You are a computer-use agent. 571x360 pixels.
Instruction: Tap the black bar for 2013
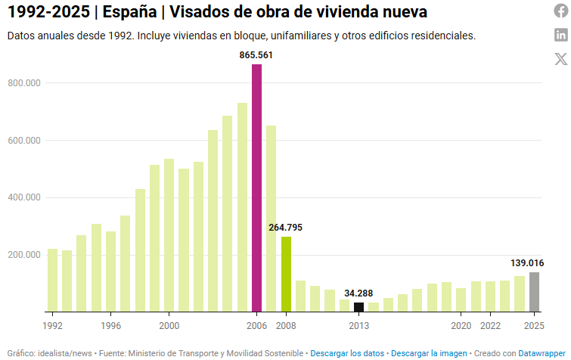(359, 306)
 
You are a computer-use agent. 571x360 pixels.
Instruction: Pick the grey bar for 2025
(534, 292)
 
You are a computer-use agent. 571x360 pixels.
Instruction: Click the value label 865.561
(257, 55)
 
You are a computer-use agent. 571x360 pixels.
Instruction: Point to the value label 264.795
(286, 227)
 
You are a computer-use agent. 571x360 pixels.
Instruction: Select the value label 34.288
(359, 293)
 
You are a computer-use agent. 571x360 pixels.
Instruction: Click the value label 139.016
(526, 262)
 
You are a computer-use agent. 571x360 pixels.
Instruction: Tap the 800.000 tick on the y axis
(23, 83)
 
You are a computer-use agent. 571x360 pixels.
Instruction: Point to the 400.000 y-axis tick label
(23, 197)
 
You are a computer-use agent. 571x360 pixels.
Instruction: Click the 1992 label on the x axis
(52, 325)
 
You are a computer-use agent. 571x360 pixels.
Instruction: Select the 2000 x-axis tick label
(169, 325)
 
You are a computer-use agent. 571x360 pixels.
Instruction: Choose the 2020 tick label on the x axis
(461, 325)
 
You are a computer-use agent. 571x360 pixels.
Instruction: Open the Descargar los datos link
(348, 353)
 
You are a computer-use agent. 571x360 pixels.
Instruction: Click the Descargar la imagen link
(429, 353)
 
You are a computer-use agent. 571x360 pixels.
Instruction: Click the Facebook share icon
(560, 11)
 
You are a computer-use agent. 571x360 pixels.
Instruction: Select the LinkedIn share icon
(560, 34)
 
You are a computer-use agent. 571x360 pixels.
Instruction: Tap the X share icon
(560, 58)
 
